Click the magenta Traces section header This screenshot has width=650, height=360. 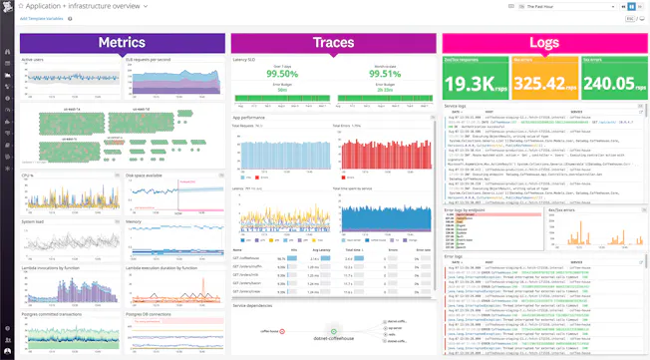coord(333,43)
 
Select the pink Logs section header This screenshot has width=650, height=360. coord(543,43)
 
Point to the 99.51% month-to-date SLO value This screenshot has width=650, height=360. coord(384,73)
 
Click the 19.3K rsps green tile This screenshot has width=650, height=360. coord(475,83)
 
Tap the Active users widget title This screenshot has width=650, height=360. coord(35,61)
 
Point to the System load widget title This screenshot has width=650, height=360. coord(35,221)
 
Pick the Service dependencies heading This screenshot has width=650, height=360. coord(255,306)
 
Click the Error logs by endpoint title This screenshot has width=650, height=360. coord(469,211)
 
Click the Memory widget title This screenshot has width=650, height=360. coord(134,221)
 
